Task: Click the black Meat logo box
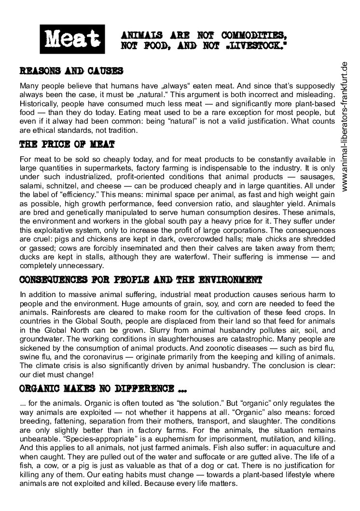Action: click(x=73, y=40)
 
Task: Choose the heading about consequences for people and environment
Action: click(x=140, y=280)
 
